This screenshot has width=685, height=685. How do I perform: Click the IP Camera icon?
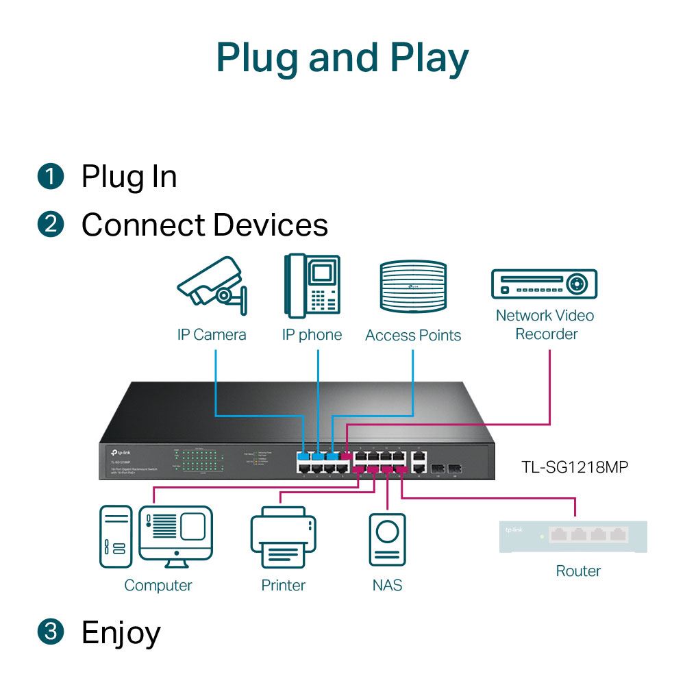[212, 284]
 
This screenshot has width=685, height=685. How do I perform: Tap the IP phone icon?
[312, 286]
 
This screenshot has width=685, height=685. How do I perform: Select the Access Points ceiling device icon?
[413, 288]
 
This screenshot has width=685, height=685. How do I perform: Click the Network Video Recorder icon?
[544, 284]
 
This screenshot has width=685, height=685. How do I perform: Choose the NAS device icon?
[387, 541]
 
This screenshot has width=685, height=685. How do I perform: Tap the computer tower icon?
[115, 536]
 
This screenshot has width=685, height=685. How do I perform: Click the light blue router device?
[574, 536]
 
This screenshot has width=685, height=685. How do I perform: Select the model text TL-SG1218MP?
[574, 467]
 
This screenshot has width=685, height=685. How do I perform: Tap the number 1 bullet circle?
[51, 177]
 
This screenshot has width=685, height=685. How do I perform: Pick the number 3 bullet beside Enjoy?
[51, 632]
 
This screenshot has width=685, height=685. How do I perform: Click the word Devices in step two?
[270, 225]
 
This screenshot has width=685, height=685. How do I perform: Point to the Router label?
[578, 571]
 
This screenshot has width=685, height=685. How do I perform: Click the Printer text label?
[283, 585]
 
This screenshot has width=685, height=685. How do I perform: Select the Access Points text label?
[413, 335]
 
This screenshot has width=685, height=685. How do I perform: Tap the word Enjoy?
[121, 633]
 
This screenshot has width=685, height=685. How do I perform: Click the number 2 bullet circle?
[51, 225]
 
